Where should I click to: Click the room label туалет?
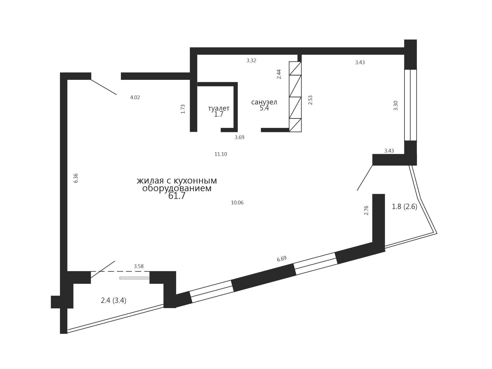click(219, 108)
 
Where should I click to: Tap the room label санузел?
click(264, 102)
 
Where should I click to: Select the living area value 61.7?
click(177, 196)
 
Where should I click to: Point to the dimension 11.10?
click(221, 154)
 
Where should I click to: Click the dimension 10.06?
click(237, 203)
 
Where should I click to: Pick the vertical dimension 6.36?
click(76, 178)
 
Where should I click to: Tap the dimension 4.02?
click(135, 98)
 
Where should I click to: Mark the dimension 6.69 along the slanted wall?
click(282, 259)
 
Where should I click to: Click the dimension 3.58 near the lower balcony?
click(139, 266)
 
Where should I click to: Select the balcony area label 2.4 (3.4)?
click(114, 301)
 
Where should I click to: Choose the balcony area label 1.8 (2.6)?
click(405, 207)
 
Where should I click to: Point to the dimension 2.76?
click(366, 210)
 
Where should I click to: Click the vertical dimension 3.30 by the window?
click(396, 105)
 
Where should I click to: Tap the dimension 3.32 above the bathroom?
click(251, 61)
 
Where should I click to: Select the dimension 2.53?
click(310, 100)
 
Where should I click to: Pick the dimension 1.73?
click(183, 109)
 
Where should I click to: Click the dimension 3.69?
click(240, 137)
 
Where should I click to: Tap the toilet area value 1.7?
click(219, 114)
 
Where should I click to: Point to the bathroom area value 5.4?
click(264, 108)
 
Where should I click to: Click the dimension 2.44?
click(279, 74)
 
